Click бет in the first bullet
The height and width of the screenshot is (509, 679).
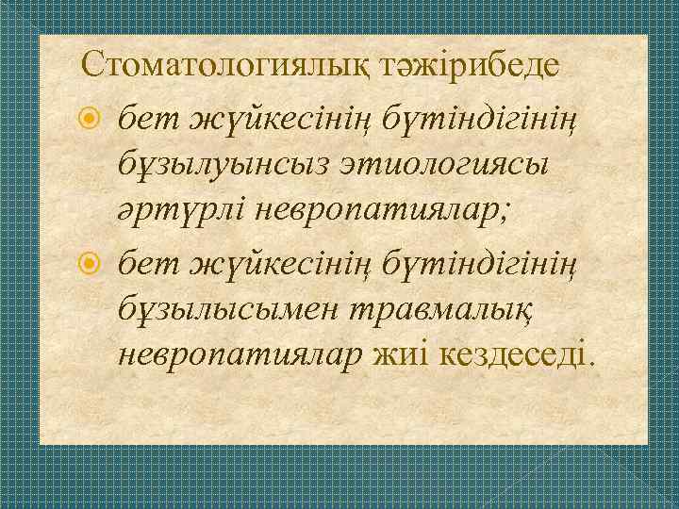pyautogui.click(x=147, y=120)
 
